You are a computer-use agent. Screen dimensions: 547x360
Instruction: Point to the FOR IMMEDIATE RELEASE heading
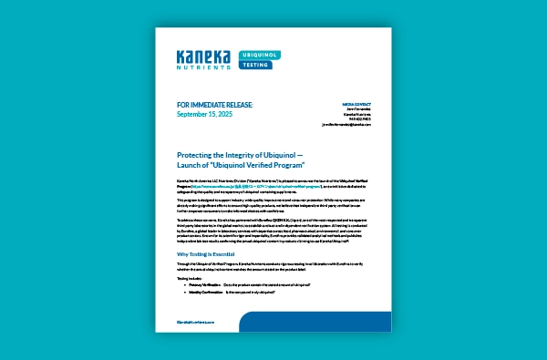click(215, 106)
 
